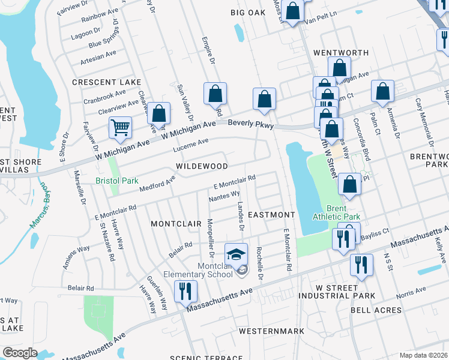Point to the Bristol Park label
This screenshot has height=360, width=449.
(x=117, y=181)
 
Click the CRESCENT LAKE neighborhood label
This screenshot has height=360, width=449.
(x=106, y=82)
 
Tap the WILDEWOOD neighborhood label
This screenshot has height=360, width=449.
(x=202, y=166)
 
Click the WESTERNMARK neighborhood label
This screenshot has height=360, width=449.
(x=271, y=331)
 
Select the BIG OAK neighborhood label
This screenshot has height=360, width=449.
(x=248, y=12)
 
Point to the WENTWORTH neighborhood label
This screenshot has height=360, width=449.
(x=340, y=53)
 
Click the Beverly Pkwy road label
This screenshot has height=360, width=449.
(x=250, y=125)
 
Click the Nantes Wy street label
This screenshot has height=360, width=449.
(x=224, y=195)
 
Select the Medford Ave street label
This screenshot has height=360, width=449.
(x=157, y=182)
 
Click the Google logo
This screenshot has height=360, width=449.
(x=20, y=352)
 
